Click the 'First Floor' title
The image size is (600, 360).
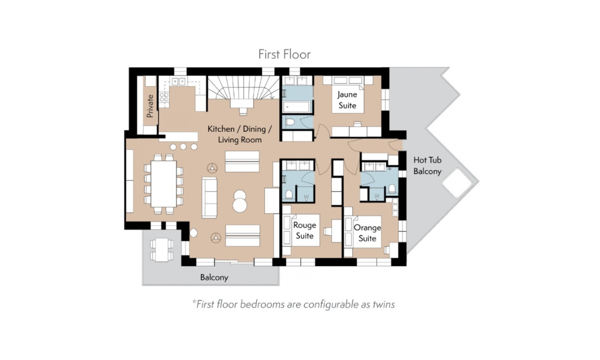pyautogui.click(x=284, y=54)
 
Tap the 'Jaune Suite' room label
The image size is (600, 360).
pyautogui.click(x=347, y=100)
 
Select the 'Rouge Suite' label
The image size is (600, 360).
pyautogui.click(x=304, y=230)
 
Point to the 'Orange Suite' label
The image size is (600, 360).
pyautogui.click(x=367, y=233)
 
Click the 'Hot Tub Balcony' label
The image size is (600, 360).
pyautogui.click(x=427, y=166)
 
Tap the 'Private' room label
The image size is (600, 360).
pyautogui.click(x=150, y=106)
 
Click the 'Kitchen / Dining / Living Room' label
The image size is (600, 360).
pyautogui.click(x=240, y=134)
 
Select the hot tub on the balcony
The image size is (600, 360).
pyautogui.click(x=456, y=183)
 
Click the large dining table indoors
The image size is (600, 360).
pyautogui.click(x=164, y=184)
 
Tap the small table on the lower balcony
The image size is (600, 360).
pyautogui.click(x=161, y=250)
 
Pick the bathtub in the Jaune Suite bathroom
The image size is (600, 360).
pyautogui.click(x=297, y=107)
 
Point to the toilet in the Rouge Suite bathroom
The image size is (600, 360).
pyautogui.click(x=289, y=194)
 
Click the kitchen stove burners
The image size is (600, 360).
pyautogui.click(x=164, y=97)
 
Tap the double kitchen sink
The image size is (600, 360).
pyautogui.click(x=178, y=82)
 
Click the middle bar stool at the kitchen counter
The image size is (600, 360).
pyautogui.click(x=183, y=146)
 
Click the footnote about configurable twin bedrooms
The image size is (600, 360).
pyautogui.click(x=293, y=304)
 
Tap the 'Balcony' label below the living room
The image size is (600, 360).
pyautogui.click(x=214, y=277)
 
